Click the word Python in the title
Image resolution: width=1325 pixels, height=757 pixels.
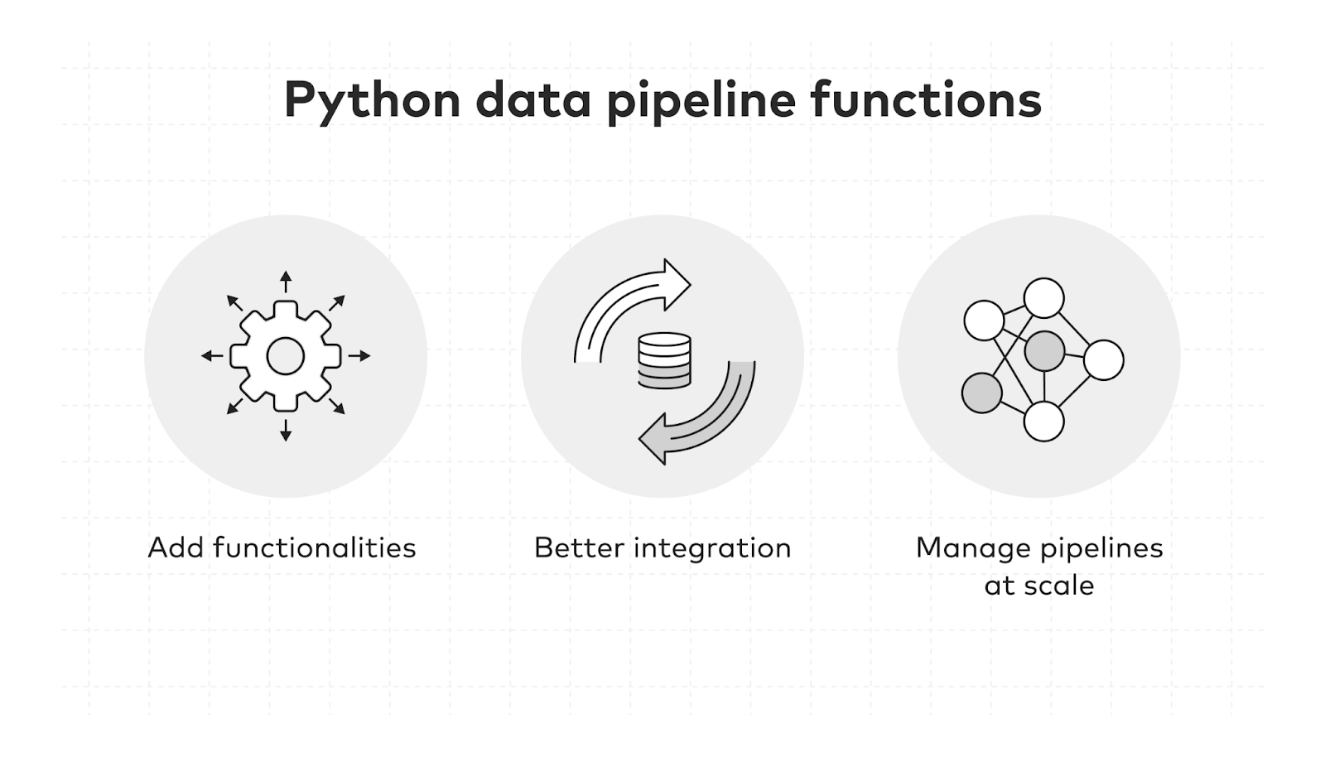click(x=372, y=101)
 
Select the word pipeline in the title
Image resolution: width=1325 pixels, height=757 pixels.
click(x=701, y=101)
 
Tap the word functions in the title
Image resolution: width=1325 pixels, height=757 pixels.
click(x=926, y=99)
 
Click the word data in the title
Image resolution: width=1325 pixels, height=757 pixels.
click(x=533, y=99)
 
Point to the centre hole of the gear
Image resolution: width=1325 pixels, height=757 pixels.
click(x=286, y=356)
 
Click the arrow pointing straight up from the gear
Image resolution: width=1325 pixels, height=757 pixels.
click(x=286, y=282)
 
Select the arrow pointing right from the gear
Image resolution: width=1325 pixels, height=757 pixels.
click(x=359, y=356)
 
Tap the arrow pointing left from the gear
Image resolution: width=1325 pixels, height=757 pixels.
click(x=212, y=356)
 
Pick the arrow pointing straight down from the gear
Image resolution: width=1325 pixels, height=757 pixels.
click(x=286, y=431)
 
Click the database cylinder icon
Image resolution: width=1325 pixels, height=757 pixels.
click(x=664, y=360)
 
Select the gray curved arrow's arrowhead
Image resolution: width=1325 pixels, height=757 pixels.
click(x=653, y=438)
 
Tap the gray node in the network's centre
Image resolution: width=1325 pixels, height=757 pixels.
click(x=1044, y=350)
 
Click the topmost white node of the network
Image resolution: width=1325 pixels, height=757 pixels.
click(x=1044, y=298)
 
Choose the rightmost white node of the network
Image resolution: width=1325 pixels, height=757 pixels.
click(x=1104, y=359)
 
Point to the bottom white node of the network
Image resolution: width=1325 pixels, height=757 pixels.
click(x=1044, y=421)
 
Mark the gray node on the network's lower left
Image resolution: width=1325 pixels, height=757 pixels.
click(x=982, y=393)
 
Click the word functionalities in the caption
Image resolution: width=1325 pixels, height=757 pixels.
click(x=315, y=547)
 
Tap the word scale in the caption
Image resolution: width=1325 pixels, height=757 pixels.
click(x=1059, y=586)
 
